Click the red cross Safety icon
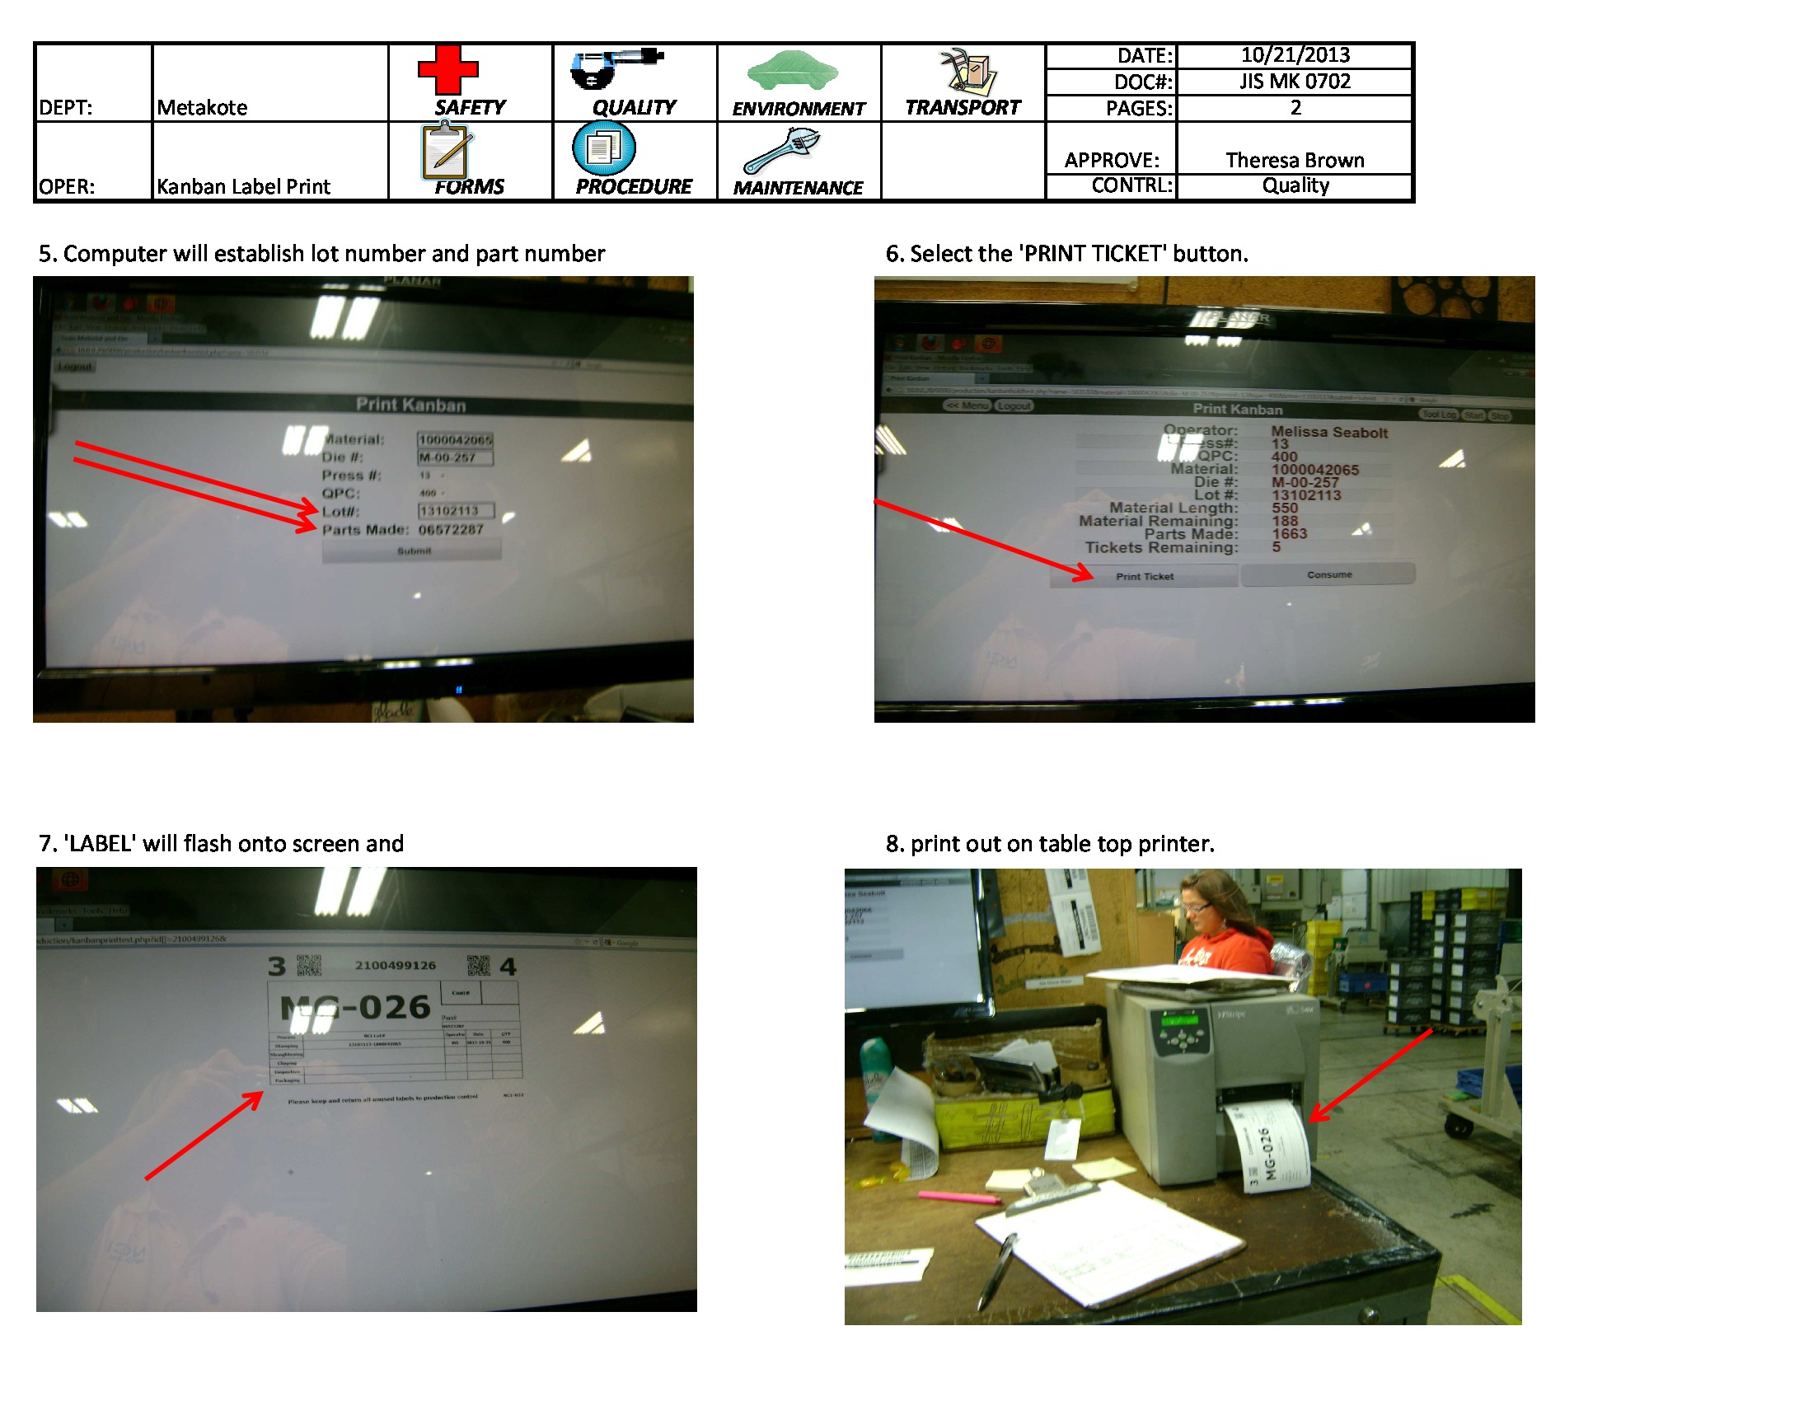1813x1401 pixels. point(447,70)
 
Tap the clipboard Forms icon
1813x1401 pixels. point(446,150)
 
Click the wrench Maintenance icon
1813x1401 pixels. point(781,150)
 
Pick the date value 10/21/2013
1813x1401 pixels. point(1294,55)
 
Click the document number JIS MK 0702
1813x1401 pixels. point(1294,82)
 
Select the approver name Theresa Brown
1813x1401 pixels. point(1294,160)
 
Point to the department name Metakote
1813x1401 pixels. point(202,108)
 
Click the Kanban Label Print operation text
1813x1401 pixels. point(243,187)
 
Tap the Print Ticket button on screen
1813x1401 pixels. point(1144,576)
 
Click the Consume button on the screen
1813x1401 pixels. point(1328,574)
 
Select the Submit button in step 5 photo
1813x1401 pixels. point(413,551)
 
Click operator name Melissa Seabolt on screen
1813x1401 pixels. point(1328,433)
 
